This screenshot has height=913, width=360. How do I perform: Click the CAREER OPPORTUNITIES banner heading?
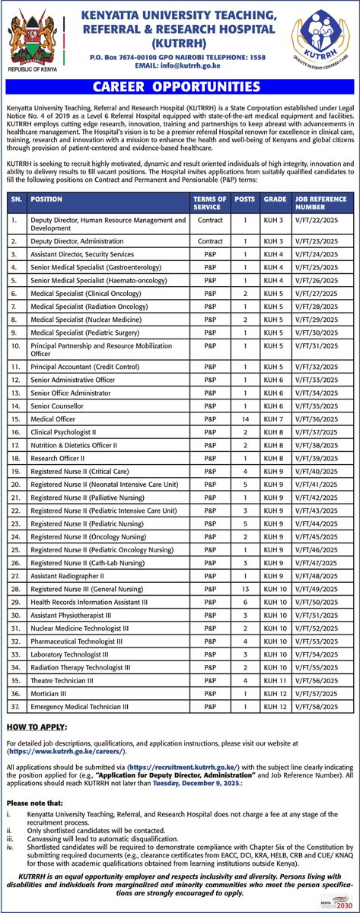(180, 87)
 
